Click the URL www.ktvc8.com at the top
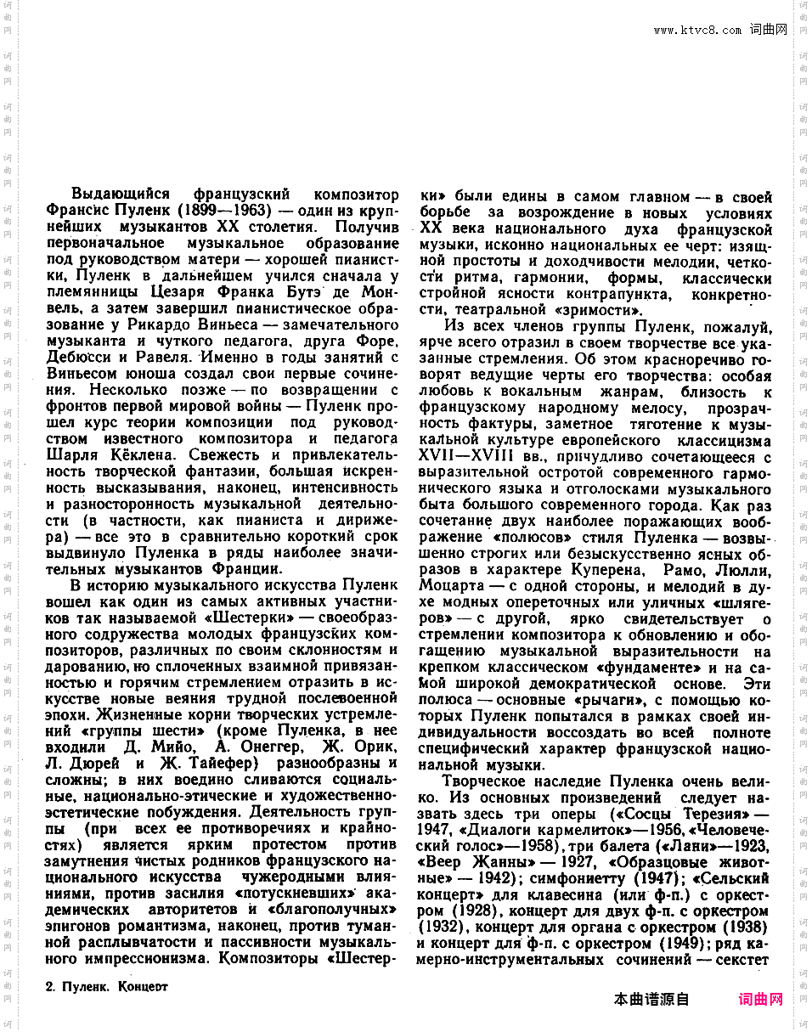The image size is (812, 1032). (x=697, y=30)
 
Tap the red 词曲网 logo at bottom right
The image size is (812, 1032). (x=761, y=1000)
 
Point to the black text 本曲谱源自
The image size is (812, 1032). (x=651, y=1000)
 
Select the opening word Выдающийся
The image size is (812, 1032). (x=121, y=194)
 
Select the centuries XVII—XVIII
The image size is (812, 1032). (x=465, y=457)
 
